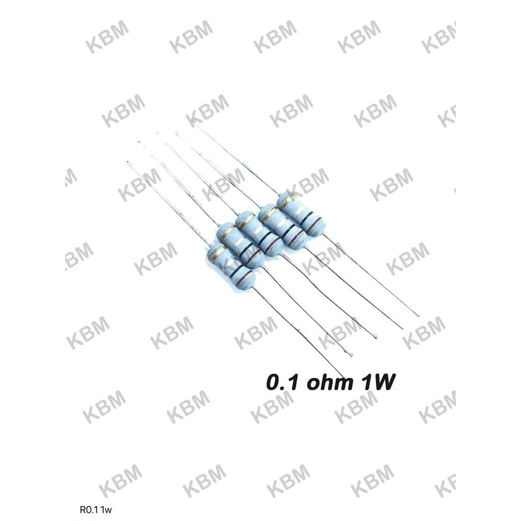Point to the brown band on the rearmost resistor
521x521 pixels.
pos(314,224)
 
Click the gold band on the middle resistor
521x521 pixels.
pos(246,219)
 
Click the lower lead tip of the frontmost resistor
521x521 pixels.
pos(344,377)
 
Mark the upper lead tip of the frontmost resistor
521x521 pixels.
pos(128,163)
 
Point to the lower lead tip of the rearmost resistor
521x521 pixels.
pos(418,315)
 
